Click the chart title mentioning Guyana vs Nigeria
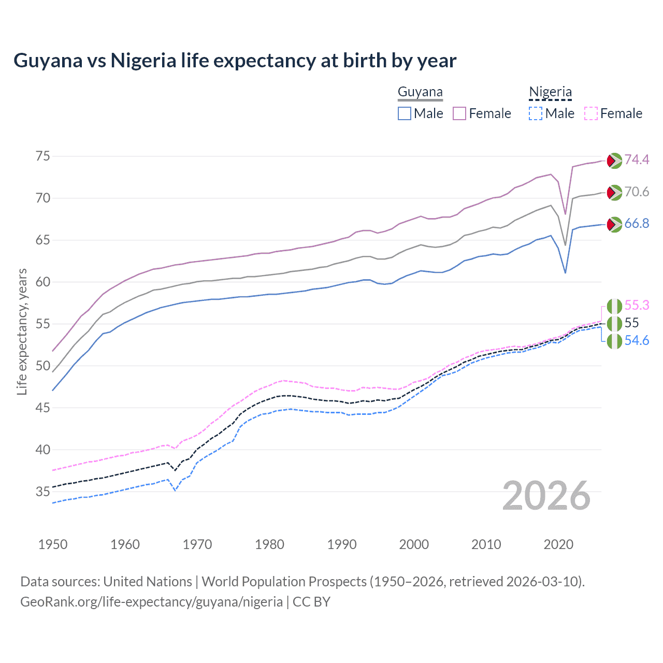(235, 61)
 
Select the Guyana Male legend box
(405, 113)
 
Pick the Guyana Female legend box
(459, 113)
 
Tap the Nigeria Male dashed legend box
(536, 113)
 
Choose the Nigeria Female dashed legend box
(591, 113)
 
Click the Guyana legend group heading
(420, 92)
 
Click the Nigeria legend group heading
(550, 92)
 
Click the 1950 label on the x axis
(53, 544)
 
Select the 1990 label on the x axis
(342, 544)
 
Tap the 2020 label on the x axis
(558, 544)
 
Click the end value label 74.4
(637, 160)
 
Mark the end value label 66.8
(637, 224)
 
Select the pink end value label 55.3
(637, 305)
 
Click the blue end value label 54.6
(637, 341)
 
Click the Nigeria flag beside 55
(614, 324)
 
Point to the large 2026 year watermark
(546, 496)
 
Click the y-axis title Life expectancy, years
(22, 331)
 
